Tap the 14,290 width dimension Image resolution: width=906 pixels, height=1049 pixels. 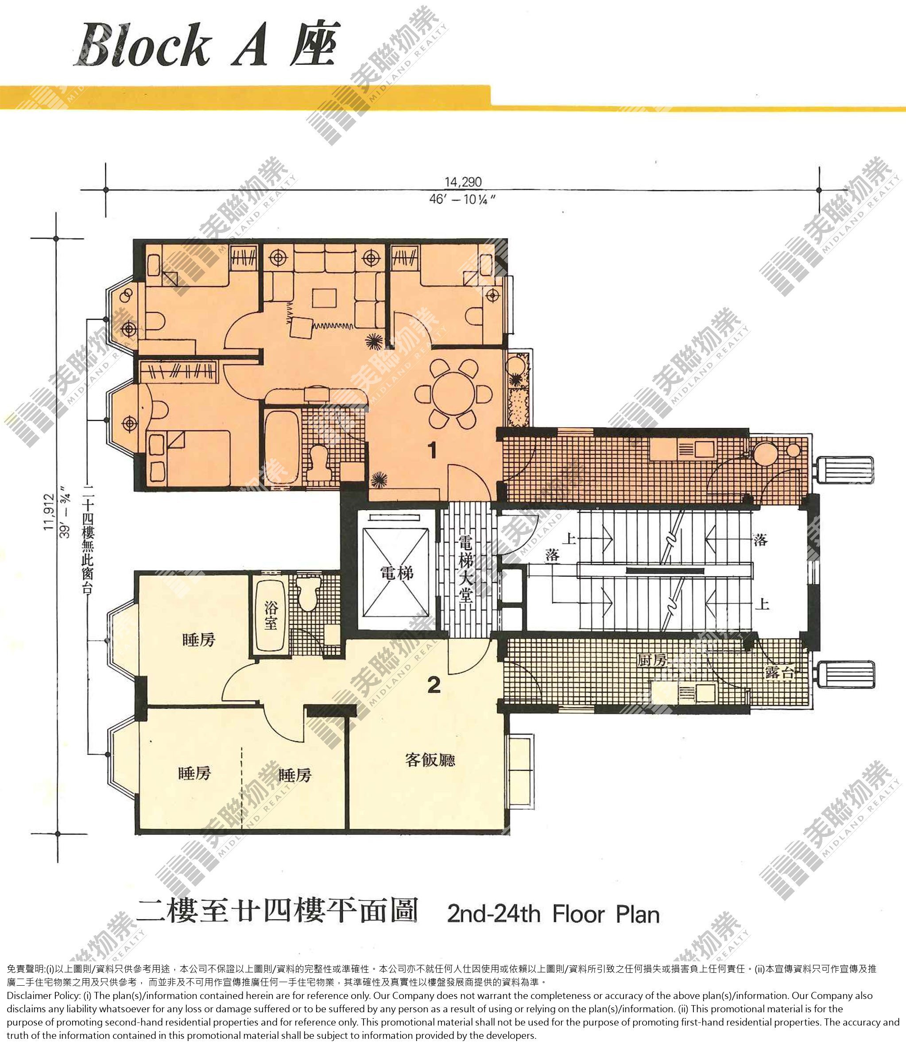(463, 182)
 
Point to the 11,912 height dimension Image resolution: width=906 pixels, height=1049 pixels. (49, 512)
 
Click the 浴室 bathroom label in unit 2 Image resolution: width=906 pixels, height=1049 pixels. (271, 615)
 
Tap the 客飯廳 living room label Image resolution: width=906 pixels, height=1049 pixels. (430, 759)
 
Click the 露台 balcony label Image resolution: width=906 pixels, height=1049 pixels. (780, 673)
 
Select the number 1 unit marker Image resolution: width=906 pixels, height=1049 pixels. (433, 450)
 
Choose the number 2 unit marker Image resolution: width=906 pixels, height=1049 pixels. (434, 685)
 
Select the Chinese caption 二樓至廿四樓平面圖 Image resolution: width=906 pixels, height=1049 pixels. (278, 911)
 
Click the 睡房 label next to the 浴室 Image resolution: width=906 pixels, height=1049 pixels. (199, 640)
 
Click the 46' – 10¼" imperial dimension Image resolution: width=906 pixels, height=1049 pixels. (462, 199)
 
